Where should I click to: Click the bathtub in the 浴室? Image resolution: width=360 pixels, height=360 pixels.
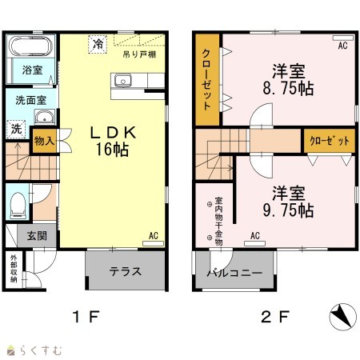(31, 46)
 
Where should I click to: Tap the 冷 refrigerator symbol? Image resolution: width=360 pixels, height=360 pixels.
(98, 44)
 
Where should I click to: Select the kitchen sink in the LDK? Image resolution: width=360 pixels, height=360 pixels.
(123, 80)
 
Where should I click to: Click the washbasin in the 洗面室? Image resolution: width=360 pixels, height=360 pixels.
(45, 117)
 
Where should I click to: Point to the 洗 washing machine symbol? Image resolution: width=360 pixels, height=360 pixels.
(16, 130)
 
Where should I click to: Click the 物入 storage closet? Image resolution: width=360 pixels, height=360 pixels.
(44, 141)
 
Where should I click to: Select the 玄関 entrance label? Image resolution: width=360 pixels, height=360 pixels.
(37, 236)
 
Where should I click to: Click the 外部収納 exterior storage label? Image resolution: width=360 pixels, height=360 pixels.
(14, 269)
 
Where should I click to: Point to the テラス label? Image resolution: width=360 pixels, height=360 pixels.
(125, 271)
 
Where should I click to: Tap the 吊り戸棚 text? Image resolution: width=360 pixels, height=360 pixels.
(139, 54)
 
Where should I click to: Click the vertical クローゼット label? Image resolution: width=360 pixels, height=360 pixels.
(206, 79)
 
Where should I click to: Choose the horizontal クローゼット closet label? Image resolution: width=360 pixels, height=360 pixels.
(330, 141)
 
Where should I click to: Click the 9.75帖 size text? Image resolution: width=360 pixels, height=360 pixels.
(288, 210)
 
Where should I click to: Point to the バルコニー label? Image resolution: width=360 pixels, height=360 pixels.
(234, 273)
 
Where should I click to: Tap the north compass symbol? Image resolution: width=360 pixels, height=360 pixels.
(342, 317)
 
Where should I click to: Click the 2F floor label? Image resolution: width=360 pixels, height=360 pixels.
(275, 317)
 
